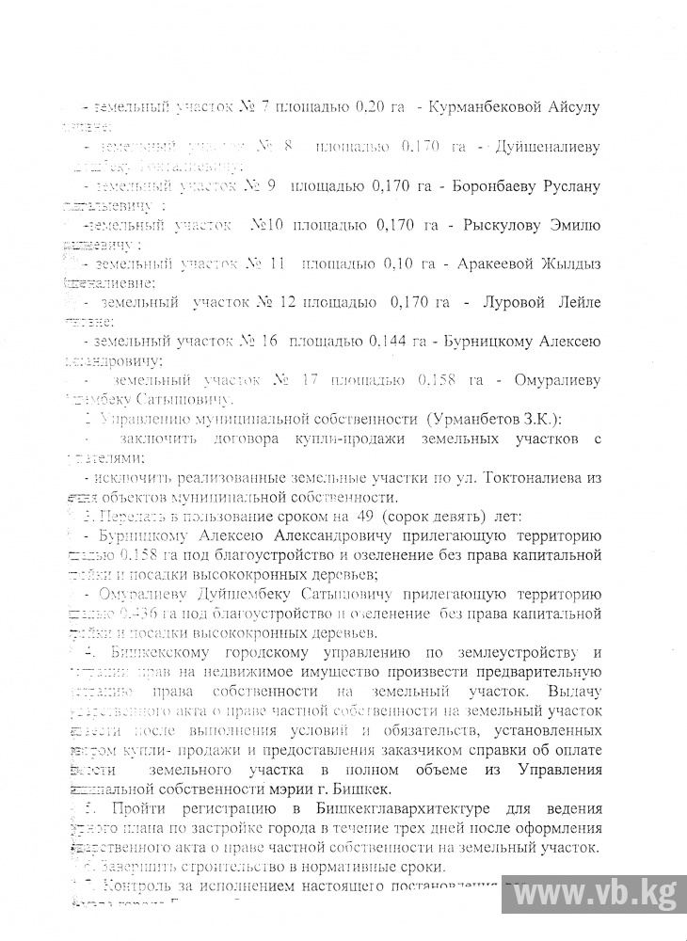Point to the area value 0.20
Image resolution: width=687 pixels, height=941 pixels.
tap(365, 107)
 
